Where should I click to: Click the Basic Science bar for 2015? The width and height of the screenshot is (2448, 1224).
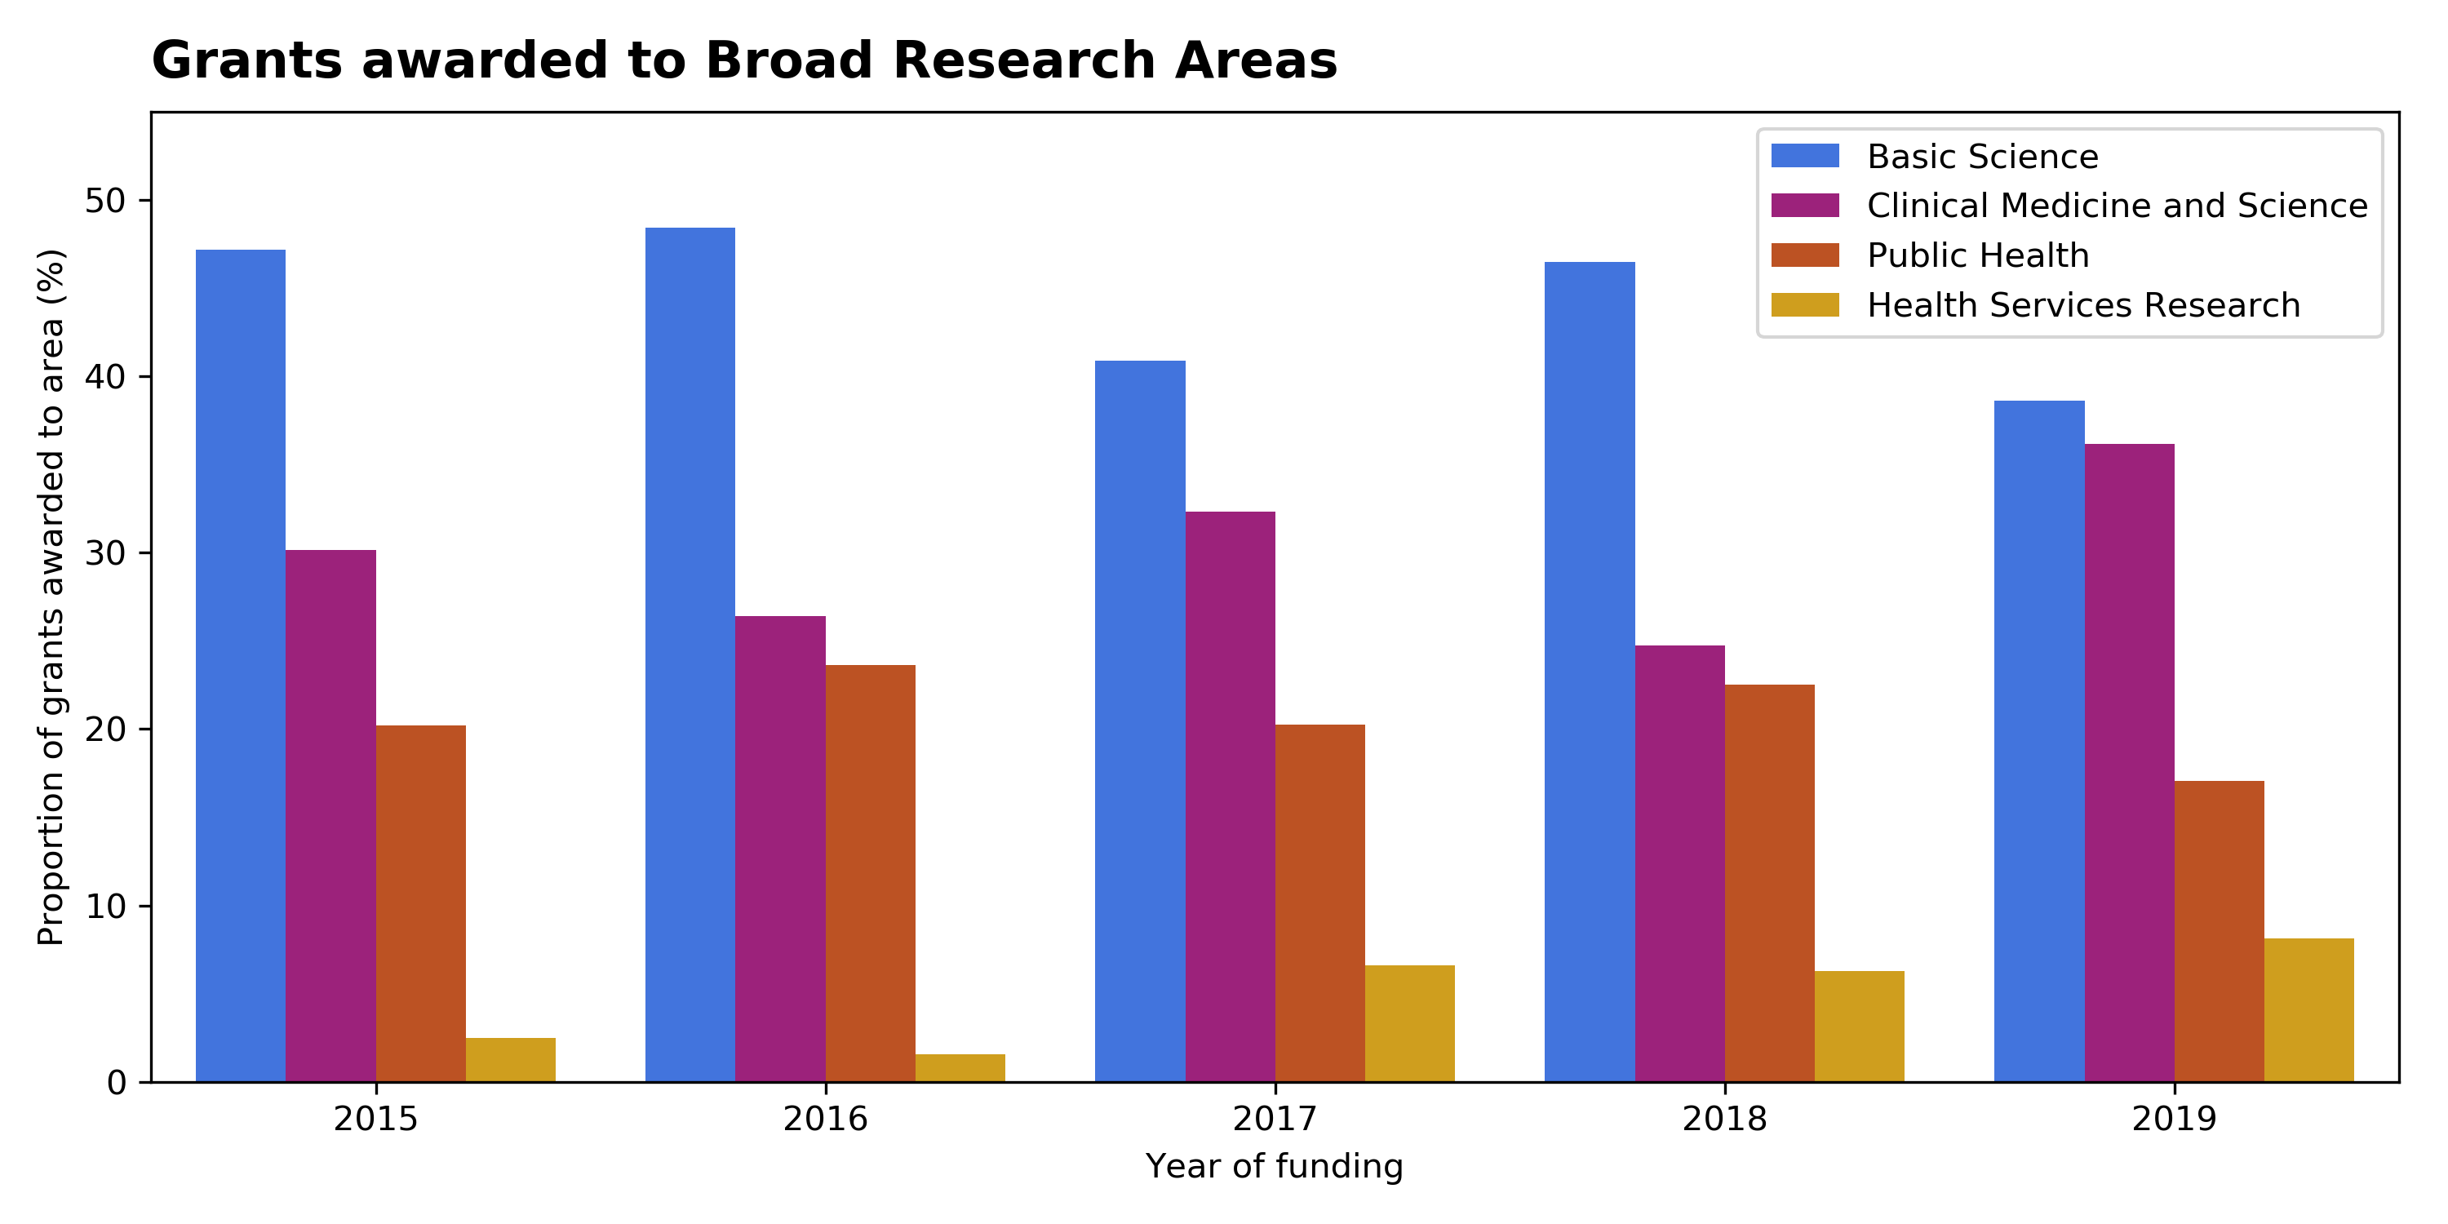pyautogui.click(x=241, y=666)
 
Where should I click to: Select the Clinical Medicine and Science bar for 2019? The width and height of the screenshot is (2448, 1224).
pyautogui.click(x=2130, y=763)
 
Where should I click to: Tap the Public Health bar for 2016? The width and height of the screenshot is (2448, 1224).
pyautogui.click(x=871, y=873)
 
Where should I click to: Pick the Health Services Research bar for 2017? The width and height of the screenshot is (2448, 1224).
pyautogui.click(x=1410, y=1023)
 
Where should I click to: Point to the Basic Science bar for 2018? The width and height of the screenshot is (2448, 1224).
pyautogui.click(x=1590, y=672)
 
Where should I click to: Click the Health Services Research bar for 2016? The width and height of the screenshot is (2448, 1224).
pyautogui.click(x=960, y=1068)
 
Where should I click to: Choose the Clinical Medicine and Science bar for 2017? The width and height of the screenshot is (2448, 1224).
pyautogui.click(x=1231, y=797)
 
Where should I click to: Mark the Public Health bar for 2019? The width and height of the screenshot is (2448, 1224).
pyautogui.click(x=2220, y=931)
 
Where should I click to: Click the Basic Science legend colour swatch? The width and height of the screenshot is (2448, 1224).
pyautogui.click(x=1806, y=156)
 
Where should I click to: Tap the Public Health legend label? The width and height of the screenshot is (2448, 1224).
pyautogui.click(x=1979, y=255)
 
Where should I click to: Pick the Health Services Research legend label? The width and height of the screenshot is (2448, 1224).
pyautogui.click(x=2084, y=305)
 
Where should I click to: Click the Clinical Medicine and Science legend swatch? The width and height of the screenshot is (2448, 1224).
pyautogui.click(x=1806, y=206)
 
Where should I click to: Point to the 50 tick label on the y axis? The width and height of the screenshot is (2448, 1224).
pyautogui.click(x=105, y=201)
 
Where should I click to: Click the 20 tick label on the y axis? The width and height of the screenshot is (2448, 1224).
pyautogui.click(x=105, y=730)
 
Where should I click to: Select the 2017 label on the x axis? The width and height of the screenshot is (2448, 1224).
pyautogui.click(x=1275, y=1120)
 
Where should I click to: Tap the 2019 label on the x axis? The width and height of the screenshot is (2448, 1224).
pyautogui.click(x=2175, y=1120)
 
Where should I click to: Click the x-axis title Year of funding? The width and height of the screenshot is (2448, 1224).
pyautogui.click(x=1275, y=1166)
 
